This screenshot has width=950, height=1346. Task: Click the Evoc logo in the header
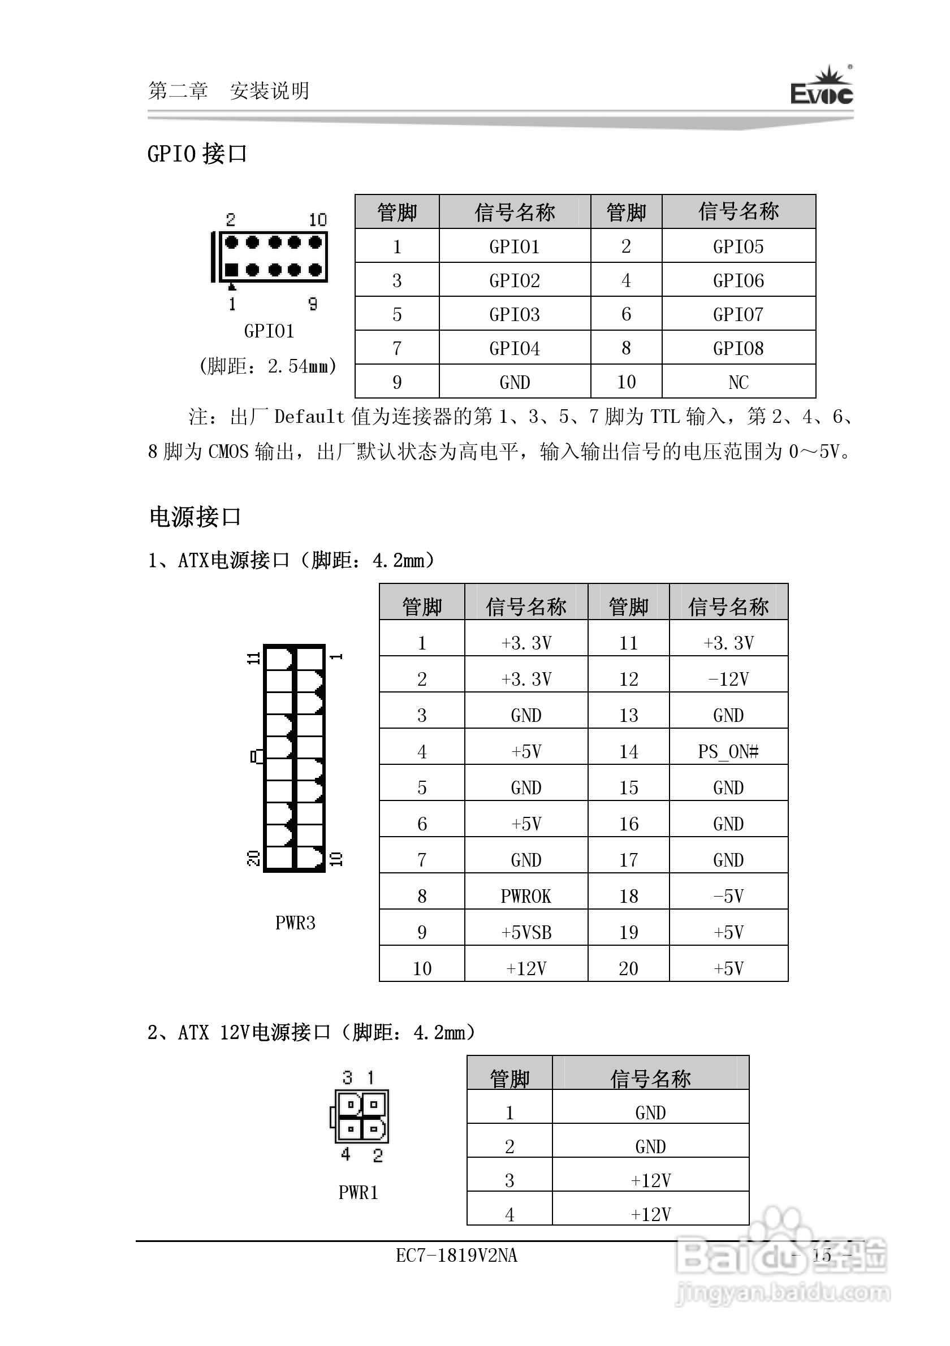821,88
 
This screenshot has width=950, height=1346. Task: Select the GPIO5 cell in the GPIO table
739,247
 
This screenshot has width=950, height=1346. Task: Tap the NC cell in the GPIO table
739,382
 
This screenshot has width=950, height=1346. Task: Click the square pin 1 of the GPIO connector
232,270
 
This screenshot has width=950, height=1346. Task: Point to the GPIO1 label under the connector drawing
269,331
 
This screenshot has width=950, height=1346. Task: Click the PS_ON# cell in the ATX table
728,751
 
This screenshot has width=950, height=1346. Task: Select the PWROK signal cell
526,897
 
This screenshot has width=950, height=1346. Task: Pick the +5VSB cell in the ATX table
526,933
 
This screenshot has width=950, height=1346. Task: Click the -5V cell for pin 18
728,897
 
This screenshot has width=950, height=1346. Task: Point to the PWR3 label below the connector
295,923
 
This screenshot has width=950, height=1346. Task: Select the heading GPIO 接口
197,154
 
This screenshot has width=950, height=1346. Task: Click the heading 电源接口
195,517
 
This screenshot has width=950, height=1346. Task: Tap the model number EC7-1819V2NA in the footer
456,1256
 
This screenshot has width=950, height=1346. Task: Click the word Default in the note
309,417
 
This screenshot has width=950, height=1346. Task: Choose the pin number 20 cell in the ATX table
629,968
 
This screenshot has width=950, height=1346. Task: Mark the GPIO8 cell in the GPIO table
739,349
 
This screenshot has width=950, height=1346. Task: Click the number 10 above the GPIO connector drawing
318,220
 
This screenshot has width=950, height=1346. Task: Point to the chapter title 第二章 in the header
178,91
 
